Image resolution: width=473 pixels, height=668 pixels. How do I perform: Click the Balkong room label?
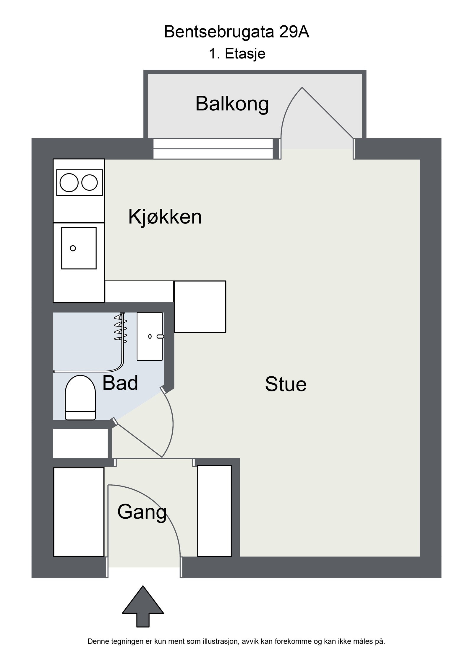click(232, 104)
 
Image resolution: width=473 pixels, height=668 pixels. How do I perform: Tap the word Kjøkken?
click(165, 217)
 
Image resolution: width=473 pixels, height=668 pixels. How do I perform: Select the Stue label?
click(286, 384)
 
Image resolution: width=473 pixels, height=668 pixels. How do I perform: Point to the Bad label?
click(120, 383)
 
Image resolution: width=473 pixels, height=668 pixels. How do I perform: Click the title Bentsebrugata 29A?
click(237, 32)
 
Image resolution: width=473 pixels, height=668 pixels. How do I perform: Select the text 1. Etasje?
click(237, 54)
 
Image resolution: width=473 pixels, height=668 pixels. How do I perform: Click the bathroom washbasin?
click(150, 336)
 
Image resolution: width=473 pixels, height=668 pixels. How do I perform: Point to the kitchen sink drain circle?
click(73, 248)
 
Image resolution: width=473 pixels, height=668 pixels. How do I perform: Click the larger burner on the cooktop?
click(69, 183)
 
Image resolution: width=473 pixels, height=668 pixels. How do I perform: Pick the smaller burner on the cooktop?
click(90, 182)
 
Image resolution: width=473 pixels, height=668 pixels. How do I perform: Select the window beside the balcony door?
click(213, 149)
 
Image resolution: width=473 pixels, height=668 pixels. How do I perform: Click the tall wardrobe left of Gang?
click(79, 512)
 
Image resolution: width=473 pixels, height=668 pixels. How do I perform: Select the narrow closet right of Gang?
click(214, 511)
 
